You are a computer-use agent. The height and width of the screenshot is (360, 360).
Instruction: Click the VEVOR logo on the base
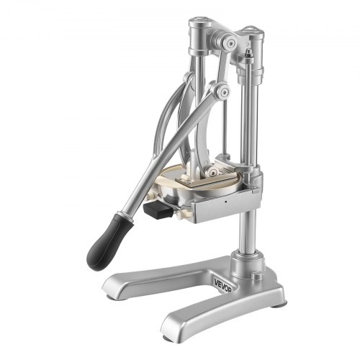pos(222,285)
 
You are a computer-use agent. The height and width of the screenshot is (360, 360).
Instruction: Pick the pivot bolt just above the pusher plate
pos(212,171)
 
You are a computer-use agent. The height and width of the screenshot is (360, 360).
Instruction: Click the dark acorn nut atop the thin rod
pos(248,53)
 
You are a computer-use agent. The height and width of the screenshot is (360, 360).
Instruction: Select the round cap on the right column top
pos(253,31)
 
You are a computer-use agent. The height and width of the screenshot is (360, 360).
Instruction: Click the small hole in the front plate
pos(225,201)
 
